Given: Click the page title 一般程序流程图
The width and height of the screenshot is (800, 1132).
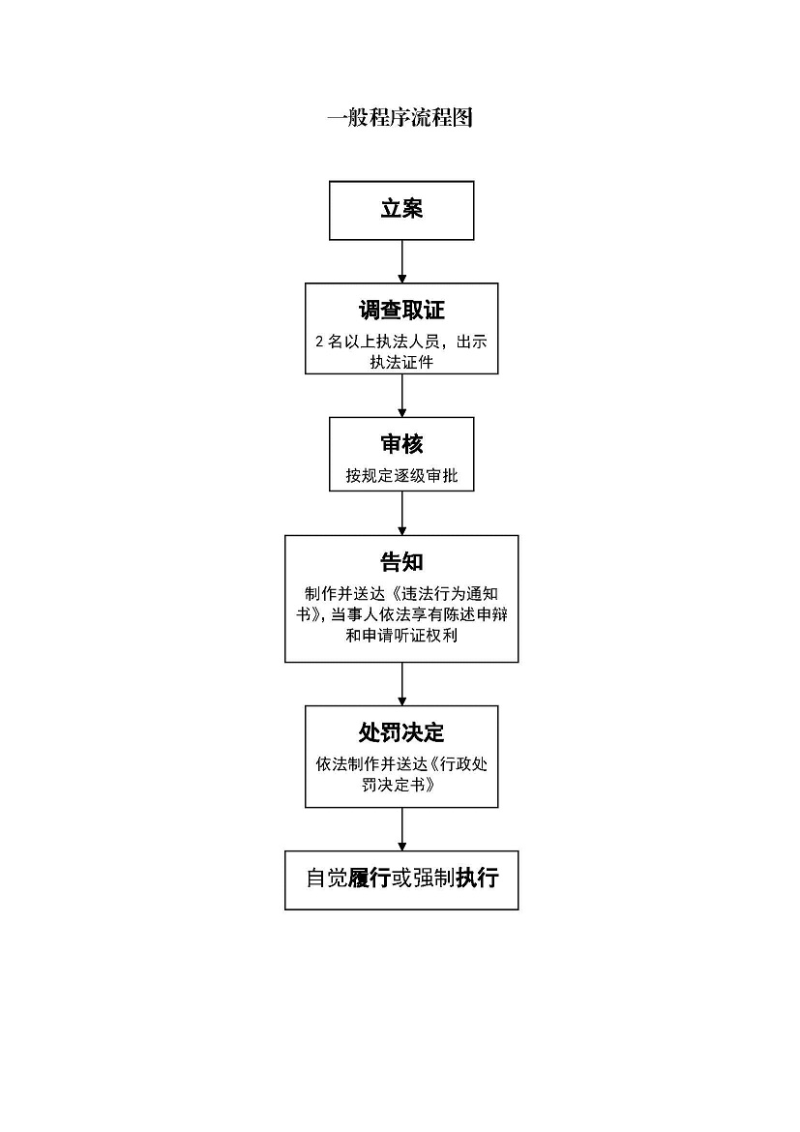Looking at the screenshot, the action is point(400,117).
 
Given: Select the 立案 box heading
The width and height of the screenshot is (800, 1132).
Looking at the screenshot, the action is point(401,209).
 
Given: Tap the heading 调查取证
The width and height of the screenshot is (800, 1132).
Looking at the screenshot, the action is point(401,311).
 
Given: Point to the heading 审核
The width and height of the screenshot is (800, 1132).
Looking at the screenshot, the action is point(401,444).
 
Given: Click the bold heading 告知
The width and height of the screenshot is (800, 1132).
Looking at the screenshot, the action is point(401,562).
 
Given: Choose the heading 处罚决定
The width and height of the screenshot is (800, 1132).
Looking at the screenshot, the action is point(401,732).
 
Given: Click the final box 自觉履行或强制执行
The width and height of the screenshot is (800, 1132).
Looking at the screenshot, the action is point(401,880).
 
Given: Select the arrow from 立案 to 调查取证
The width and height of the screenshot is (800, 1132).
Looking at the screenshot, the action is point(401,261).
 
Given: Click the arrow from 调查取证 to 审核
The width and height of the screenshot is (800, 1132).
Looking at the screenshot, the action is point(401,396).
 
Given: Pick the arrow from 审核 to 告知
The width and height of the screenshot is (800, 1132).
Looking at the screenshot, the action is point(401,514).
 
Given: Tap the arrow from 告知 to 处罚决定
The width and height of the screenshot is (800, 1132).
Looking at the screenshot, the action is point(401,684).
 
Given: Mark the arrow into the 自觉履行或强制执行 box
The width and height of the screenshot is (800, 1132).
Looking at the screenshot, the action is point(401,829).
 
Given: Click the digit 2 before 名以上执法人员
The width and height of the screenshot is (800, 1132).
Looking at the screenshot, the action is point(320,343).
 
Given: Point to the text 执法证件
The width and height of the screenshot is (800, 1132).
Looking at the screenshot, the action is point(401,363).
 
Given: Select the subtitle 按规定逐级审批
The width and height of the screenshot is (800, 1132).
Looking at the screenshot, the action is point(401,476).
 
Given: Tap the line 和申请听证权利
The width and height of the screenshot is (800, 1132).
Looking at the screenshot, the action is point(401,636).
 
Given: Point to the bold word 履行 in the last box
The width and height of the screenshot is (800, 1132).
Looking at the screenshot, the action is point(369,878).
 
